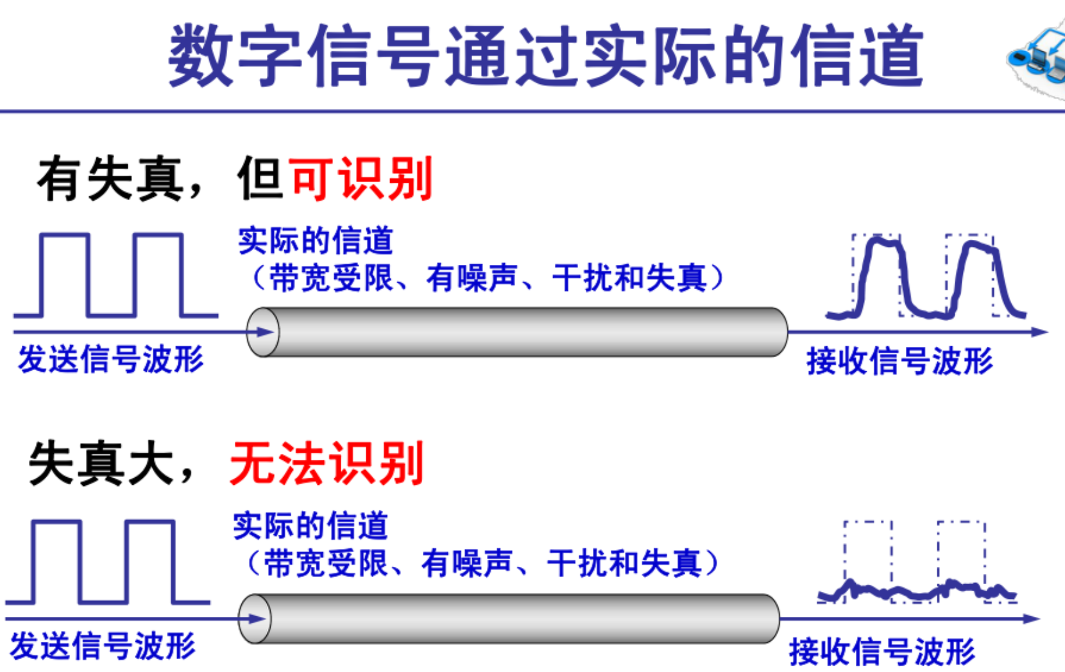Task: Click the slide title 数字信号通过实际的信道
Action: [545, 56]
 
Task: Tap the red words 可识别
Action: [361, 179]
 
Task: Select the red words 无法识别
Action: [327, 463]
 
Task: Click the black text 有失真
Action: [110, 180]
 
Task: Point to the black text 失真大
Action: [101, 464]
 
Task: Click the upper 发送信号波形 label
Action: [110, 359]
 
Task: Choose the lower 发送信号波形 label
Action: [103, 645]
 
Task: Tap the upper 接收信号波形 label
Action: [899, 360]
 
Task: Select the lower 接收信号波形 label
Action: [882, 651]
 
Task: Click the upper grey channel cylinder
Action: [517, 332]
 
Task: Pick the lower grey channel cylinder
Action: [509, 619]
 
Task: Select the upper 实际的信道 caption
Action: [315, 241]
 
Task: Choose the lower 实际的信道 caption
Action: [310, 526]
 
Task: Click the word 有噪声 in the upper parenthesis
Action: [472, 278]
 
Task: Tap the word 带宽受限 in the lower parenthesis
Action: [325, 564]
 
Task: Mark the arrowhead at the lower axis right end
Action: [1031, 619]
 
